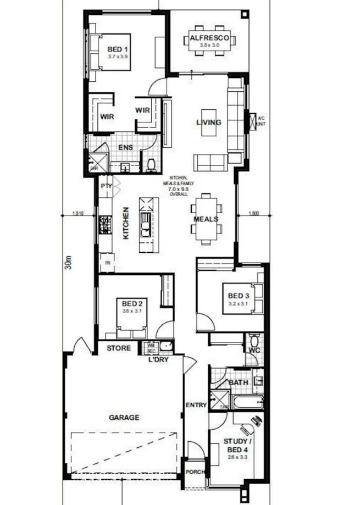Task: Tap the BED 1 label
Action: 118,49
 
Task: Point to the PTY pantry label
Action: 106,186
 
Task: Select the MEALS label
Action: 206,219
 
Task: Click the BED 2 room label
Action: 132,303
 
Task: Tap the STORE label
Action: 119,348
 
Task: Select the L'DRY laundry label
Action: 158,360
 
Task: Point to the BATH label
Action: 239,382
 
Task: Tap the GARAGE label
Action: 124,418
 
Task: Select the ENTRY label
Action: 196,405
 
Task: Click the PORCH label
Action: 196,471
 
